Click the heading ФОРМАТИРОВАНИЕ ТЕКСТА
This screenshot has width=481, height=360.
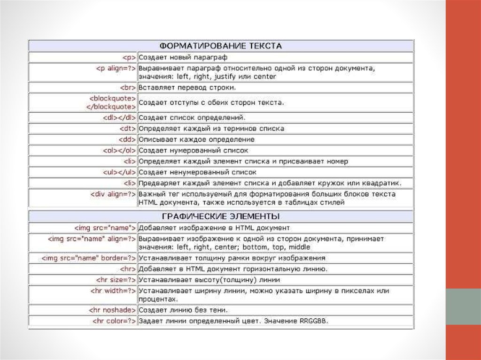(220, 46)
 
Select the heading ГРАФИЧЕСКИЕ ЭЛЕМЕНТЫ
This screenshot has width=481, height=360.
(220, 216)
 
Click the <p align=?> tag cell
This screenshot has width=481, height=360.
(116, 68)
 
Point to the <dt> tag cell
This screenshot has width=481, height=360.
(127, 128)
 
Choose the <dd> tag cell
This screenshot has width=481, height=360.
(127, 139)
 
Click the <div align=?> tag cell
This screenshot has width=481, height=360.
(113, 194)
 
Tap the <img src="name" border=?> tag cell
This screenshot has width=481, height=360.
(89, 258)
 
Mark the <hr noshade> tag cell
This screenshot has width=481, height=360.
(112, 310)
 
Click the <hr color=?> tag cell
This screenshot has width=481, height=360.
(114, 321)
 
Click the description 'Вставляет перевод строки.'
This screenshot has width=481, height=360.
(187, 87)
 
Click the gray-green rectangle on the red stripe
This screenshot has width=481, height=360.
(463, 306)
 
